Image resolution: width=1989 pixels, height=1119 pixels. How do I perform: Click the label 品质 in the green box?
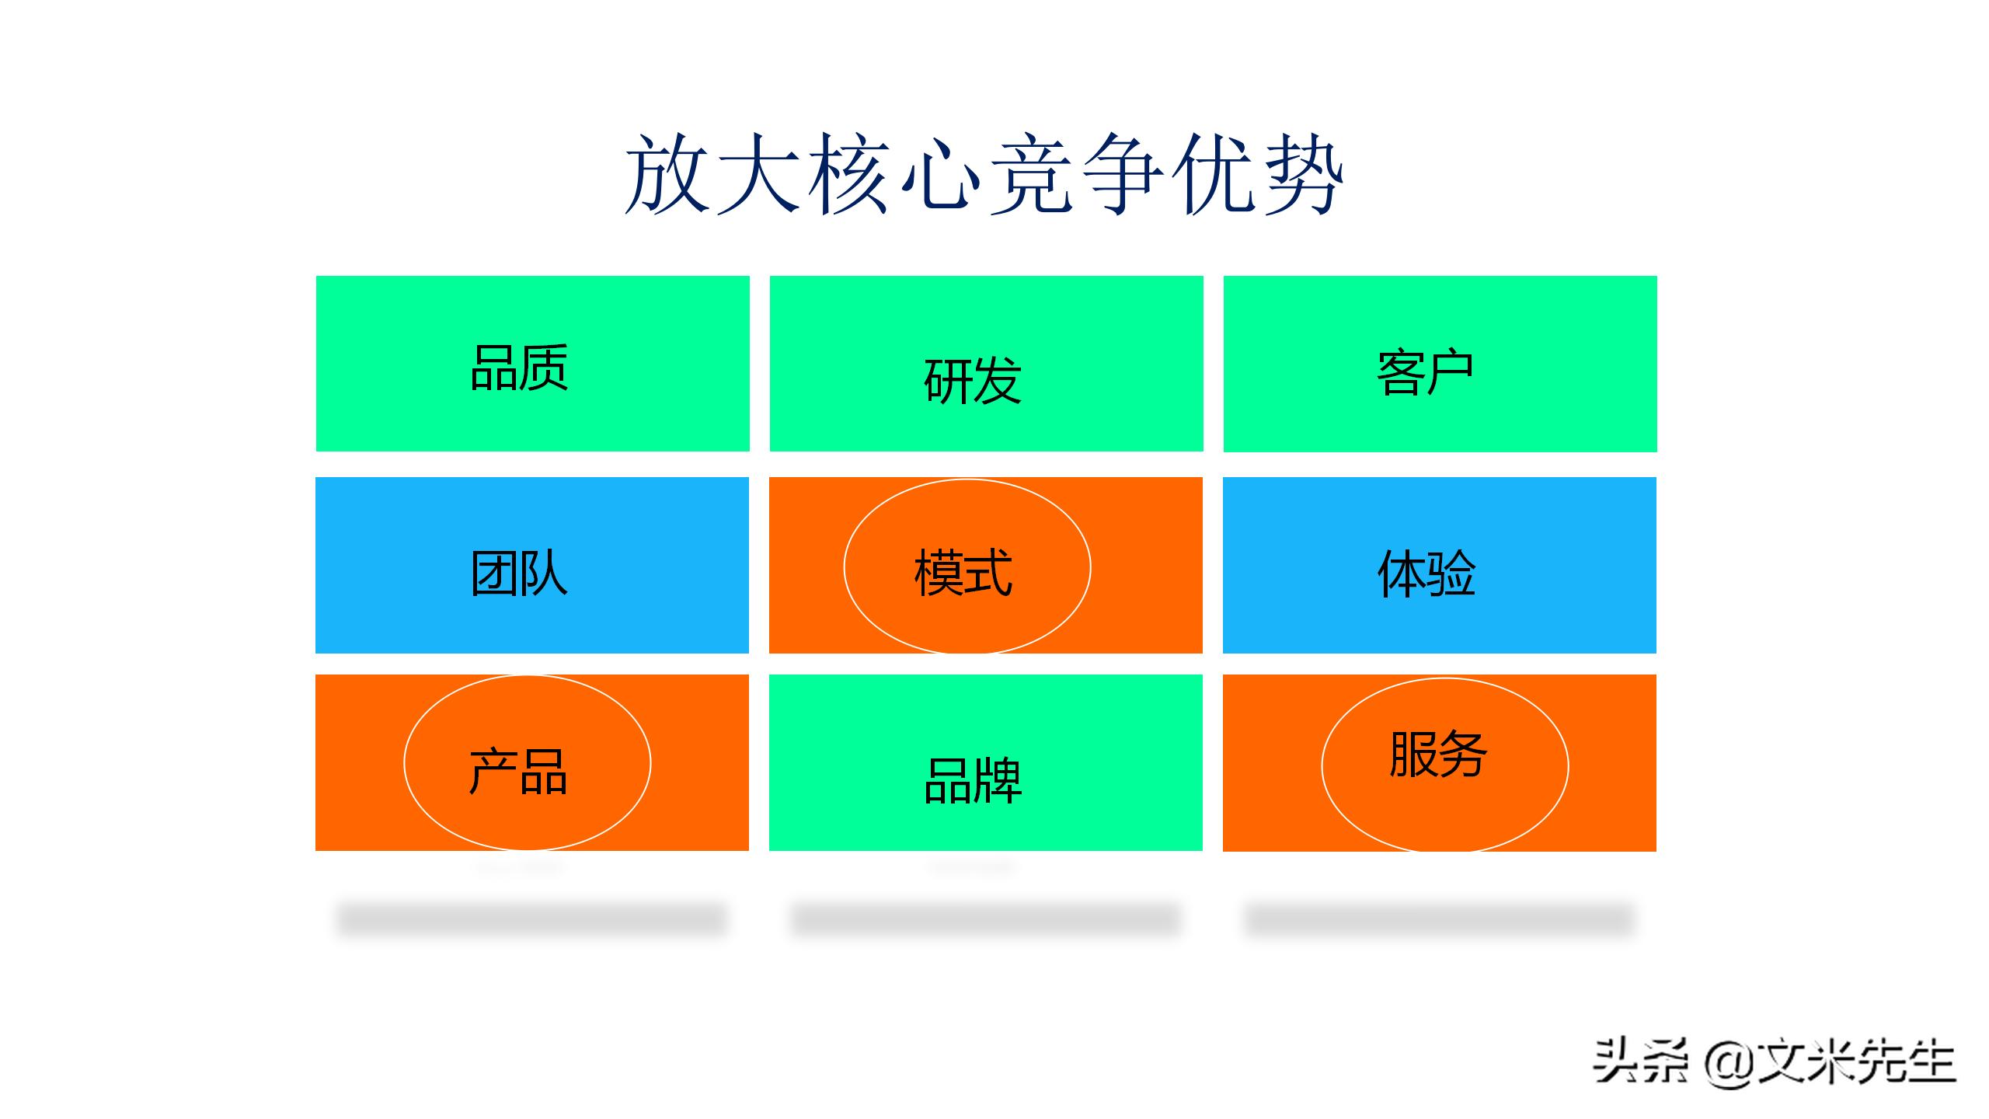(519, 368)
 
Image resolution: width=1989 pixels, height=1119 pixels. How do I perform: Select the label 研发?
(972, 380)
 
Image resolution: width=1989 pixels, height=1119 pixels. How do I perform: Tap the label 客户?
(1425, 374)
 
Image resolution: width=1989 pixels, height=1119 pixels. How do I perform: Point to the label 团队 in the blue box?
(519, 573)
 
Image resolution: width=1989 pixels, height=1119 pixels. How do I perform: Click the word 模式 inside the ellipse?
(963, 573)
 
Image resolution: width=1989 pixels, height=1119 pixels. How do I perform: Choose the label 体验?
(1426, 573)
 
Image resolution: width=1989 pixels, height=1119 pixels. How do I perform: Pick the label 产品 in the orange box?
(518, 771)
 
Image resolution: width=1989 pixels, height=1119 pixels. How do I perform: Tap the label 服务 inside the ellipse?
(1438, 755)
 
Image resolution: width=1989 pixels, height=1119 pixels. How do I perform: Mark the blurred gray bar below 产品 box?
(532, 919)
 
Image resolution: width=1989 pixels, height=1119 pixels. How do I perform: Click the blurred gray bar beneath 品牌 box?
(985, 919)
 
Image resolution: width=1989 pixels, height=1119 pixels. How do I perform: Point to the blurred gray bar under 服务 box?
(1440, 919)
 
